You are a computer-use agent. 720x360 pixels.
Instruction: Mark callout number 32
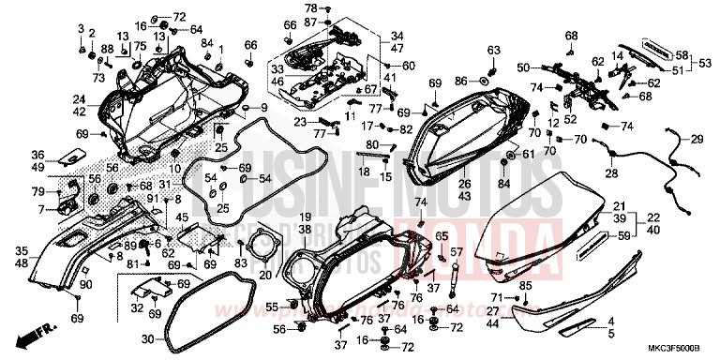tap(138, 307)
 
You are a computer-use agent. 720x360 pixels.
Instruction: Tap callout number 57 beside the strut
tap(457, 252)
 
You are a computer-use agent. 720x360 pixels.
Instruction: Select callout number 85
tap(525, 286)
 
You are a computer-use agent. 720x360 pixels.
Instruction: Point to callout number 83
tap(241, 263)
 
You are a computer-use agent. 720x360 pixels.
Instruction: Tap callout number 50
tap(523, 67)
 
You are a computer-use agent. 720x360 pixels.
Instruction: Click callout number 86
tap(460, 82)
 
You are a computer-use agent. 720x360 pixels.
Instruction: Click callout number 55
tap(271, 307)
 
